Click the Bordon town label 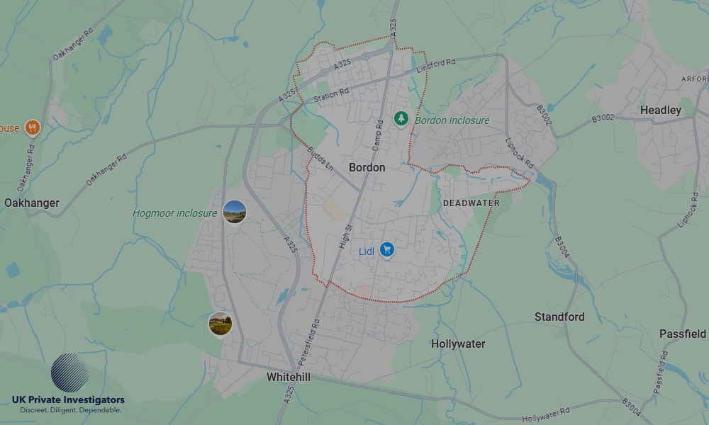(367, 167)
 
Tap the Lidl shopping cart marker (386, 250)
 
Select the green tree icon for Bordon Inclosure (401, 118)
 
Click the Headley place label (660, 110)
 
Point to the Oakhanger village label (32, 203)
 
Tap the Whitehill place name (288, 378)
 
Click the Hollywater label (458, 344)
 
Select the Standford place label (559, 317)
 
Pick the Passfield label (683, 334)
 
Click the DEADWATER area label (471, 203)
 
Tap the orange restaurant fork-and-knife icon (32, 127)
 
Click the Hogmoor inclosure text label (175, 213)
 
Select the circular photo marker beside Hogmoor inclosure (235, 211)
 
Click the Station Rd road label (331, 94)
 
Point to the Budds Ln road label (321, 159)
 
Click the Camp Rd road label (378, 134)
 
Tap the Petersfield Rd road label (316, 331)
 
